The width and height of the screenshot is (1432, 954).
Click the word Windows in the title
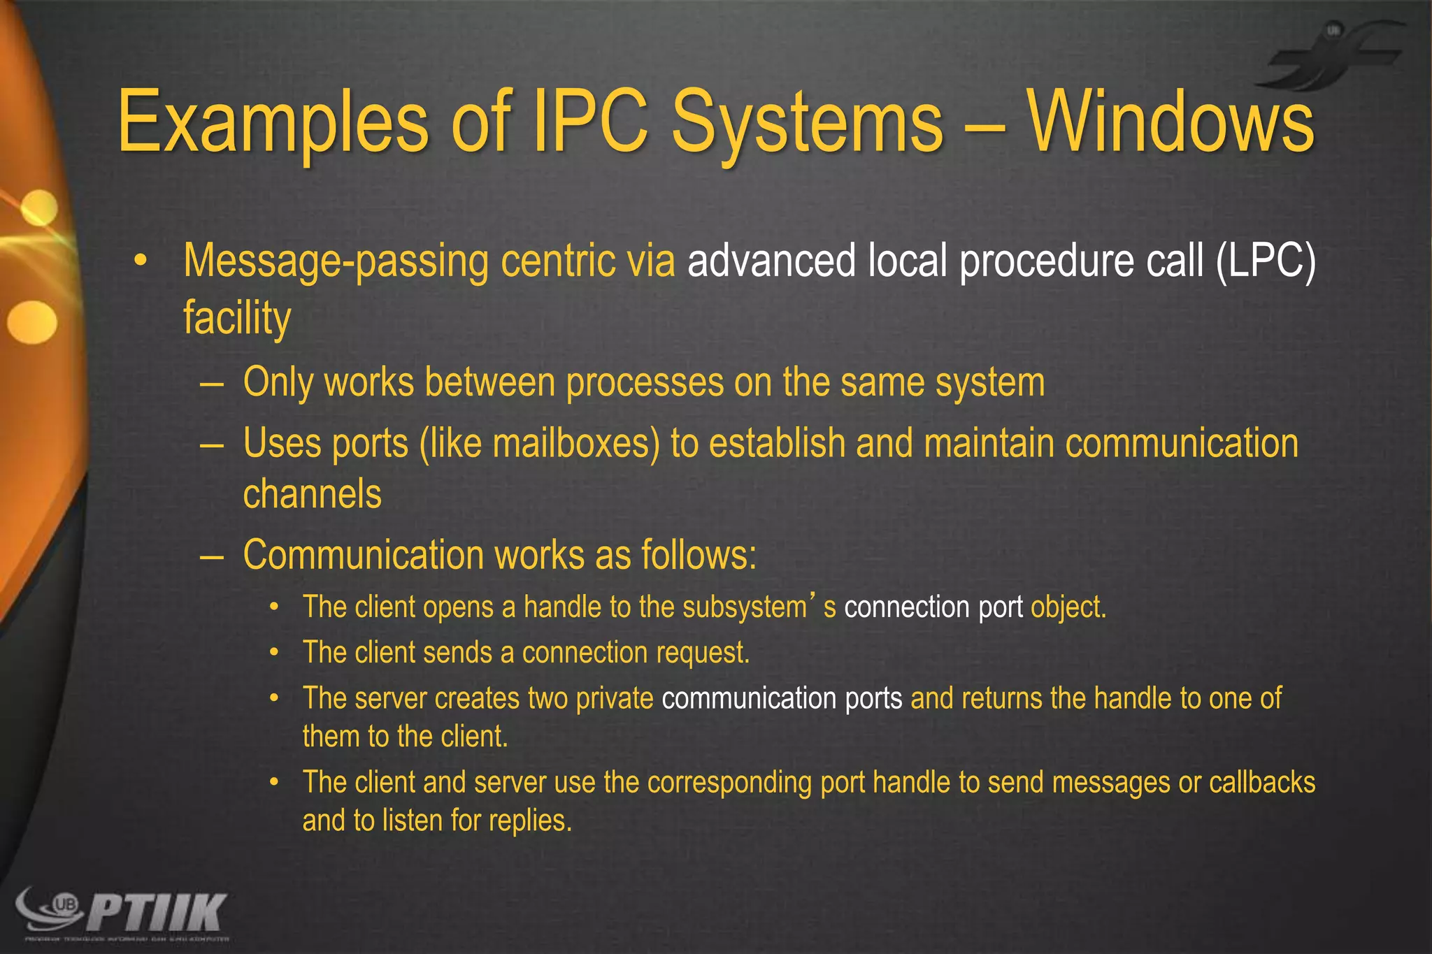tap(1170, 122)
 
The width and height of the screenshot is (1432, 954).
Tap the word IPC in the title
tap(591, 122)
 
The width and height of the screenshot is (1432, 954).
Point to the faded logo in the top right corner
tap(1336, 56)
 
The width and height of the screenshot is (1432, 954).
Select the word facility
tap(237, 318)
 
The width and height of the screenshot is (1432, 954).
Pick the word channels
tap(312, 494)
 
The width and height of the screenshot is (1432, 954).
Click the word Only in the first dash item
tap(278, 383)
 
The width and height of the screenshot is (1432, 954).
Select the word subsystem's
tap(759, 607)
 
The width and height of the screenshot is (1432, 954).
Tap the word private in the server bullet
tap(614, 698)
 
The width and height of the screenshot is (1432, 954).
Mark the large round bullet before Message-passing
tap(141, 261)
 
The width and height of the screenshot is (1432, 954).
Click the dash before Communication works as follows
tap(211, 556)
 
